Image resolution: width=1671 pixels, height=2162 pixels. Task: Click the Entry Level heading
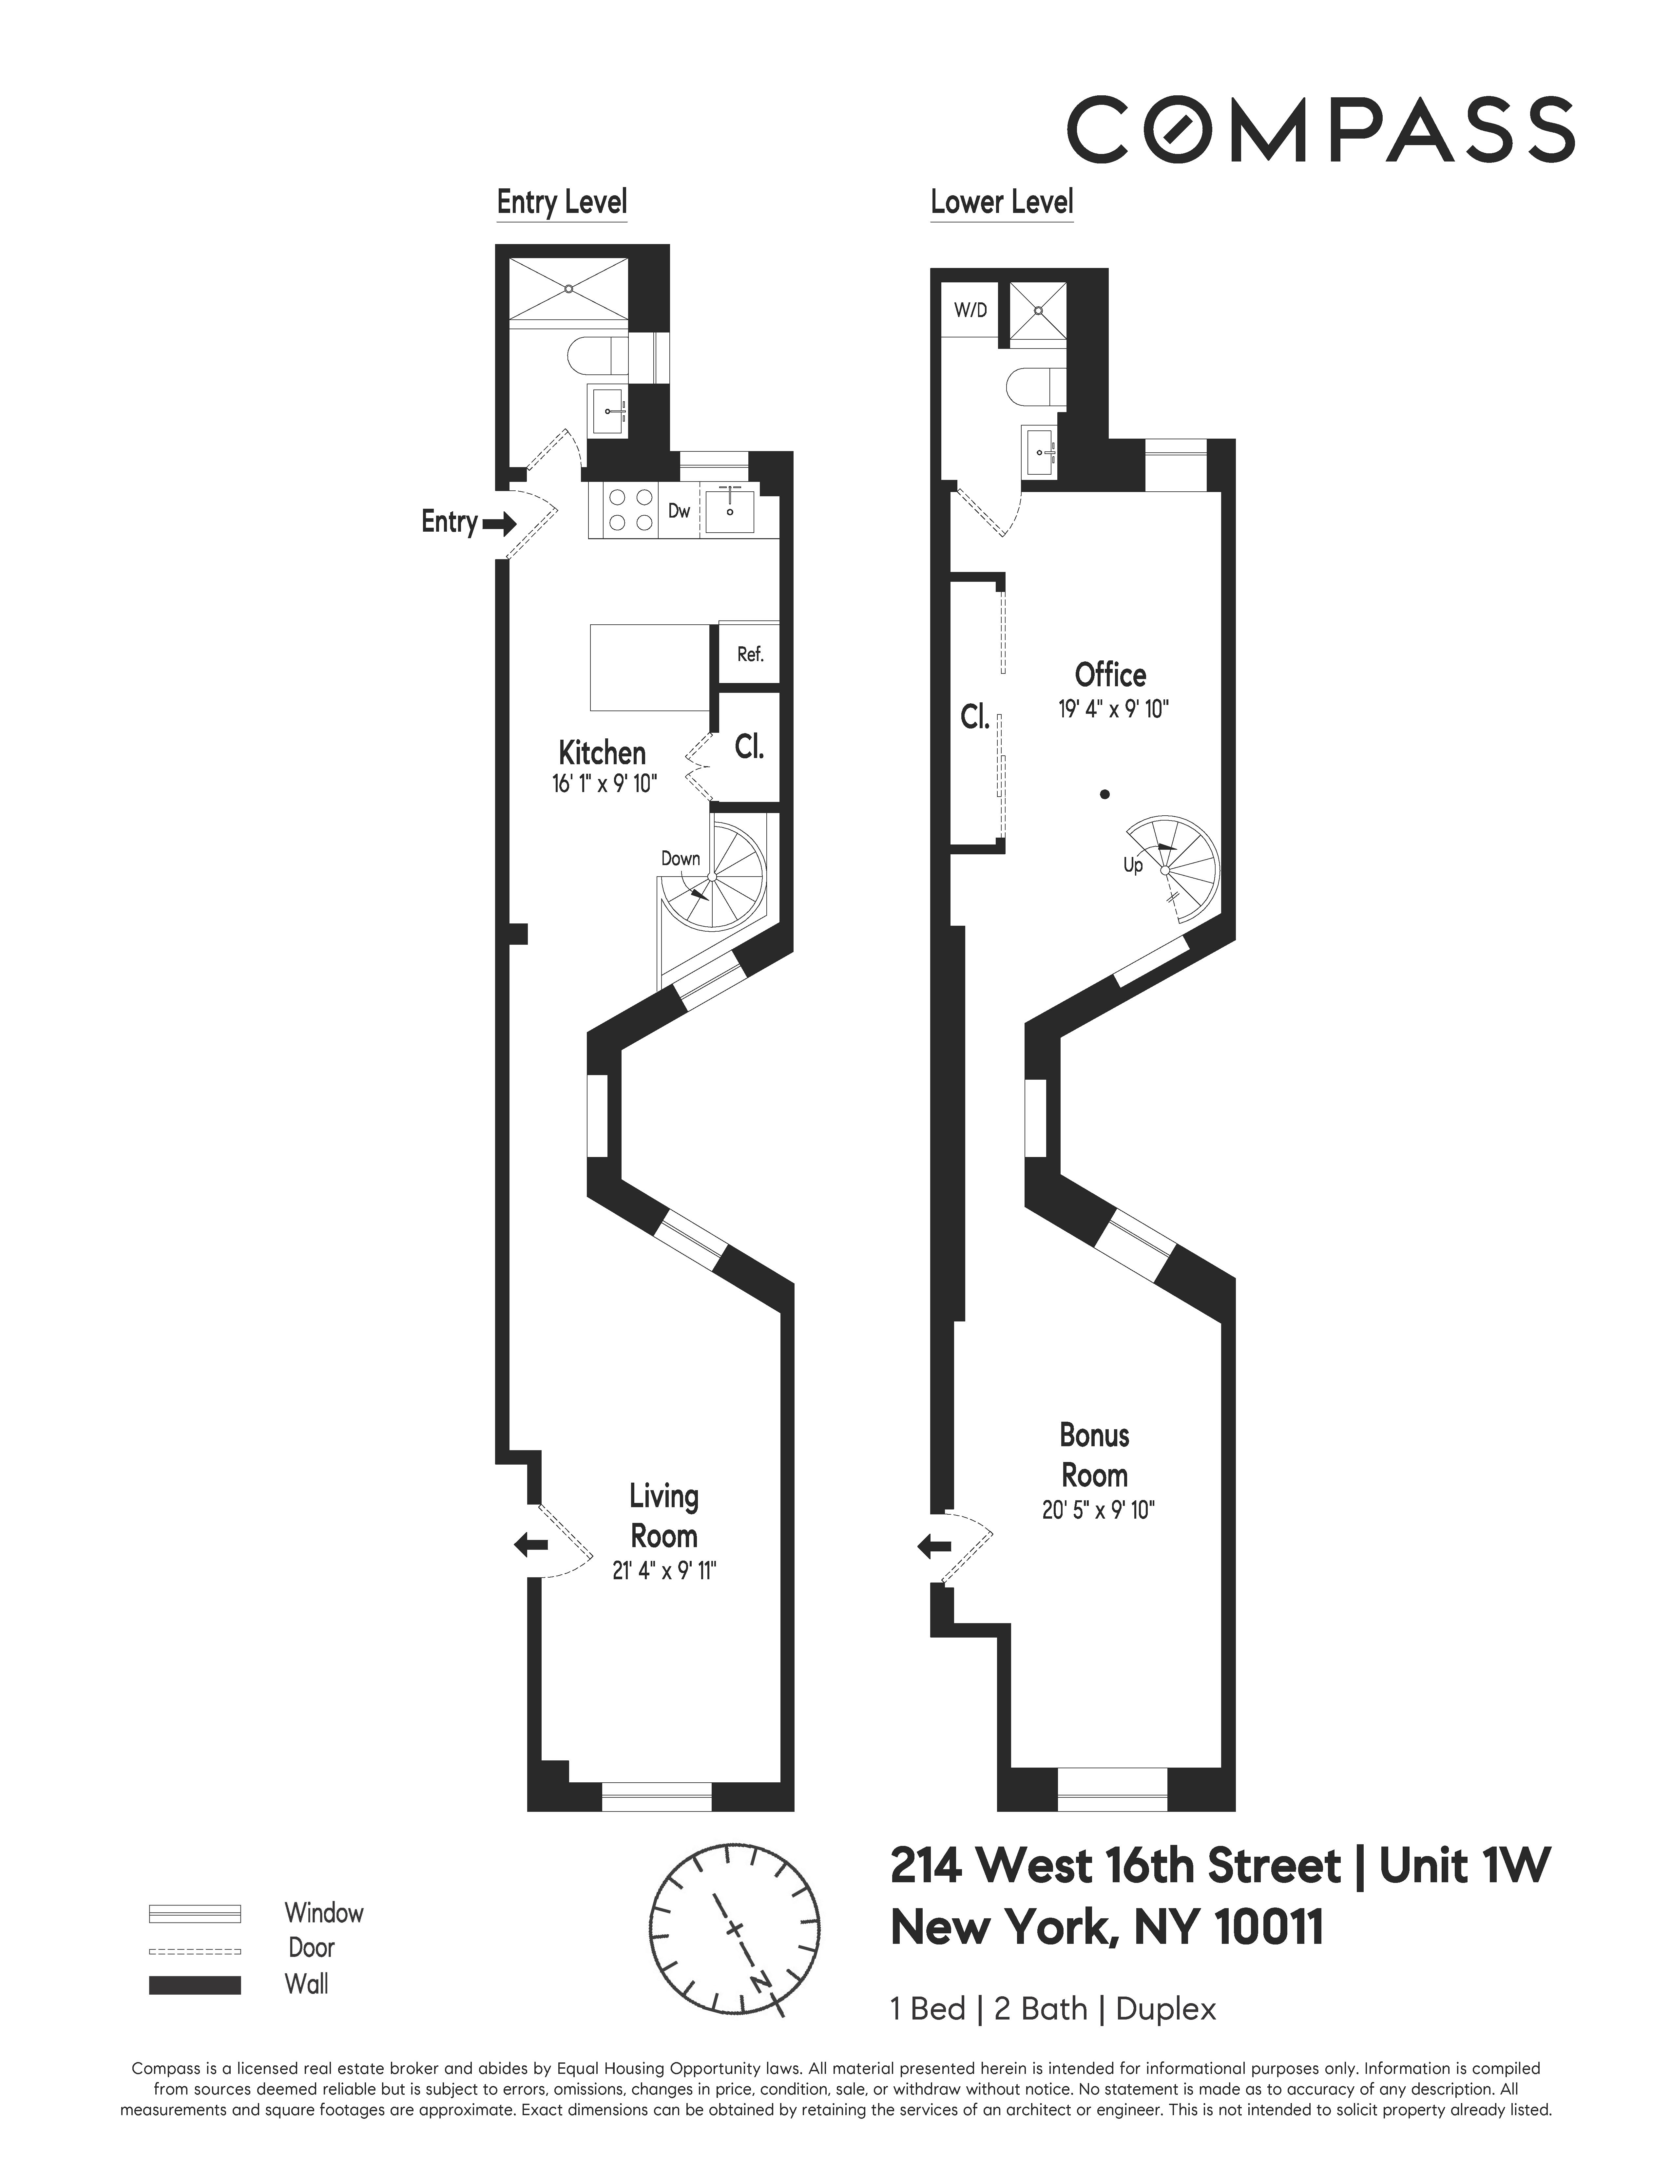[x=561, y=203]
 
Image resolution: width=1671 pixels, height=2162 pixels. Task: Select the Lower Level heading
[x=1002, y=203]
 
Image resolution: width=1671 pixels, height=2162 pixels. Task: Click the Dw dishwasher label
[x=679, y=511]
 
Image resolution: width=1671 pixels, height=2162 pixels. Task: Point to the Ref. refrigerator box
[x=749, y=654]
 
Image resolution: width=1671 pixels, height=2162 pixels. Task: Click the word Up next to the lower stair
[x=1132, y=865]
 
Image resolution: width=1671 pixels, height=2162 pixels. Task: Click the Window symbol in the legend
[x=195, y=1913]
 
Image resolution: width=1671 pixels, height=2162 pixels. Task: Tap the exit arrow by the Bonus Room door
[x=934, y=1546]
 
